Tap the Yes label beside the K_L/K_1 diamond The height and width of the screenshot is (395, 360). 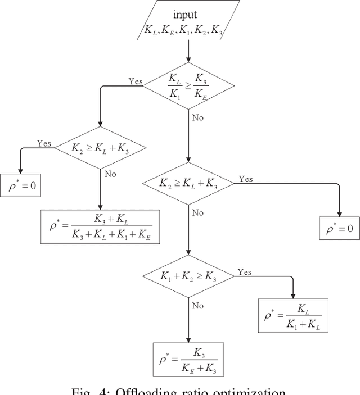click(x=136, y=81)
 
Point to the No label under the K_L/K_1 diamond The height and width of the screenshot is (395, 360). click(x=198, y=119)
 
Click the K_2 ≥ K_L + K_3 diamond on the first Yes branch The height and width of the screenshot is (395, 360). click(x=100, y=148)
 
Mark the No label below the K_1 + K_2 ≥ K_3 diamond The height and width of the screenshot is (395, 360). click(x=198, y=306)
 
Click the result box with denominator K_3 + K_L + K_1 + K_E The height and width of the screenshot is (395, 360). click(x=100, y=226)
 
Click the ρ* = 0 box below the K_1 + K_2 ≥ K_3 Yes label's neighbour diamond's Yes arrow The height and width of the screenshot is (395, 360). click(x=340, y=229)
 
